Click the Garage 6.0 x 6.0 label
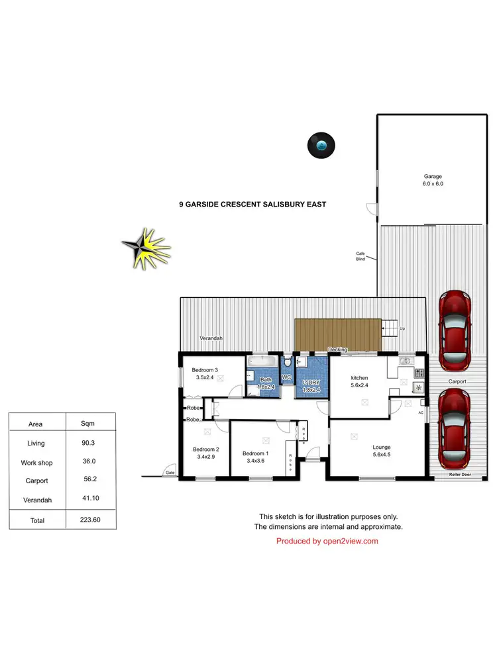[433, 180]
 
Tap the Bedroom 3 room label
[205, 373]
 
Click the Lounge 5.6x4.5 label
[382, 450]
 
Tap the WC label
[287, 377]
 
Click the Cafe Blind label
[360, 256]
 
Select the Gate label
[170, 473]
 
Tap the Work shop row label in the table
[36, 463]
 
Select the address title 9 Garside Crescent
[252, 205]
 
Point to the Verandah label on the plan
[211, 338]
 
